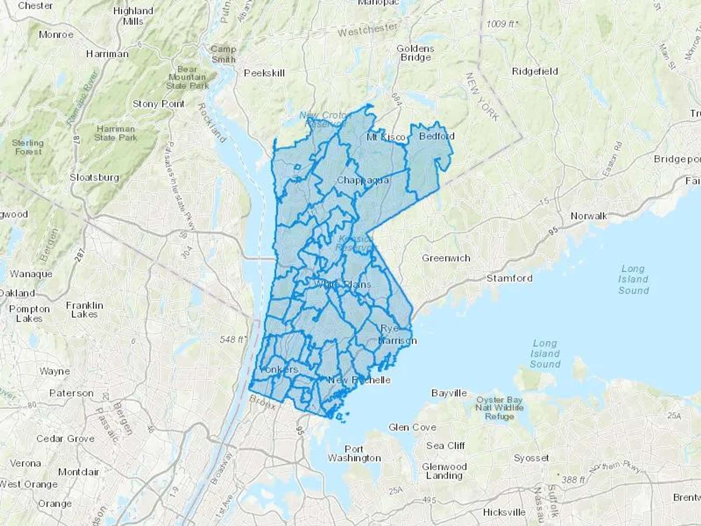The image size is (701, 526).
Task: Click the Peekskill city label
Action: pos(264,73)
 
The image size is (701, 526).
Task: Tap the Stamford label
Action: pos(509,278)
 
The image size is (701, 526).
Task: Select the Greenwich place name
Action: pos(446,258)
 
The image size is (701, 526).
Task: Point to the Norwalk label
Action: pos(588,216)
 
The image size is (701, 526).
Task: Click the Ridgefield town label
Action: pos(535,71)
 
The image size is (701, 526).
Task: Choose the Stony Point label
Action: pos(159,104)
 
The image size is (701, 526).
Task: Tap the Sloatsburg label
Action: pos(94,178)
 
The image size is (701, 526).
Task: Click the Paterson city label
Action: pos(71,393)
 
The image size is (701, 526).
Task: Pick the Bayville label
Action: pos(449,393)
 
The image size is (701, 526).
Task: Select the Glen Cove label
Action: pos(412,427)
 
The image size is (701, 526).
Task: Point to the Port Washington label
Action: pos(354,454)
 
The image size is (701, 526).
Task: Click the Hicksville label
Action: pos(504,512)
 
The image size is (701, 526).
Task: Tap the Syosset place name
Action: pos(531,458)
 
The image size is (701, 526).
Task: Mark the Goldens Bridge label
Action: pos(415,53)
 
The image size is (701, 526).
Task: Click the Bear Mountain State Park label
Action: pos(188,78)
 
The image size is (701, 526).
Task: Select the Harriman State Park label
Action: pos(116,133)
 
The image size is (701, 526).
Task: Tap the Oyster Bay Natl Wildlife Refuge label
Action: pos(499,408)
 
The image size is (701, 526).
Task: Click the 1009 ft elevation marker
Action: pos(502,24)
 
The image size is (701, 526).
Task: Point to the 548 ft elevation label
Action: pos(232,339)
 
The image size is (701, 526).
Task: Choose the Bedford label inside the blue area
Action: pos(437,136)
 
